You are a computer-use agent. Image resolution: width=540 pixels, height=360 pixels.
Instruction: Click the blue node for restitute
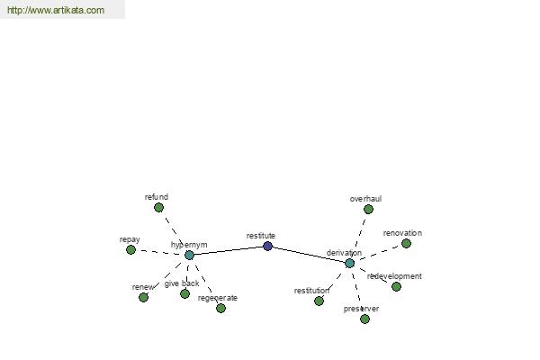coord(267,247)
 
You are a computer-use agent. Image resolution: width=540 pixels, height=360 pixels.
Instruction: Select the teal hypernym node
coord(189,256)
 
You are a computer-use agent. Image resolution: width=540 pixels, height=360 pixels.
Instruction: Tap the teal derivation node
coord(349,263)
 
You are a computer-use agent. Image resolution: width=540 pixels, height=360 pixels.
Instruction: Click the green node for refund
coord(158,207)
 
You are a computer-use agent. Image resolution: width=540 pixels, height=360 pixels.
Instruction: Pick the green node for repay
coord(130,250)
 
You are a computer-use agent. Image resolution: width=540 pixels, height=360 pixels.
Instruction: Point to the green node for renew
coord(143,297)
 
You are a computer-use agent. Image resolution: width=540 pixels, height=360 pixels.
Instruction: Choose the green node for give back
coord(184,294)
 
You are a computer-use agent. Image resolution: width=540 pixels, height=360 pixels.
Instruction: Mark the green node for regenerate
coord(220,308)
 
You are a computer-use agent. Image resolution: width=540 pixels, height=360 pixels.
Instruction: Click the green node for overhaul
coord(368,209)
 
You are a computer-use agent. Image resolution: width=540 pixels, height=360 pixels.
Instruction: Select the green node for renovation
coord(407,244)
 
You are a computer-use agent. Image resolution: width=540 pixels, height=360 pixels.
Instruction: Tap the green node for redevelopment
coord(396,286)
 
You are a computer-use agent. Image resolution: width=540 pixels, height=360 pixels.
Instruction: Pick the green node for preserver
coord(364,319)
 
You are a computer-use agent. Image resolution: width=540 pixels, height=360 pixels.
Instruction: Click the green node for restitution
coord(319,301)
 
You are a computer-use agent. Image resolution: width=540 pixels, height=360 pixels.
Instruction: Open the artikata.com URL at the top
coord(56,10)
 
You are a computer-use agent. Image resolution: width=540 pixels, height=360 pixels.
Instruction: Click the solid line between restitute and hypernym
coord(229,251)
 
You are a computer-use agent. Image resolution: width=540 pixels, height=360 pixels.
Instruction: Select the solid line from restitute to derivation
coord(309,255)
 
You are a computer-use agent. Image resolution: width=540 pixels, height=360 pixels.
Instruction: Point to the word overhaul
coord(365,199)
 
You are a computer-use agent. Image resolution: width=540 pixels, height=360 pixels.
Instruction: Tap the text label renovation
coord(402,233)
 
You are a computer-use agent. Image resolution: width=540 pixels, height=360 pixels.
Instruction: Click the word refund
coord(157,197)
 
